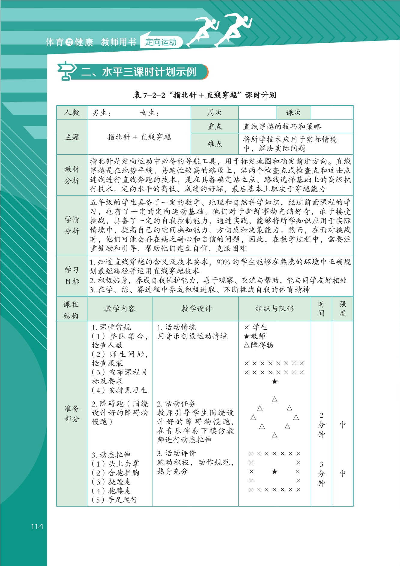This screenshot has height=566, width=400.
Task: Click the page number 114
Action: coord(37,526)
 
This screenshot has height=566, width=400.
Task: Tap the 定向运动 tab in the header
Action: coord(161,42)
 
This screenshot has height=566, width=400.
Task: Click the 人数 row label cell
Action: coord(72,113)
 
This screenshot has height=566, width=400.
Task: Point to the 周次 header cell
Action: coord(214,113)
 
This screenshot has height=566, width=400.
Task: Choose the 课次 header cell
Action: coord(293,113)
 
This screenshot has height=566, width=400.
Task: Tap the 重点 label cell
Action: coord(214,126)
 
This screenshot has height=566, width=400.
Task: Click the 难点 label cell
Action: coord(214,144)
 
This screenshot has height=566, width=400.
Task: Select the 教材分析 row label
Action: coord(72,175)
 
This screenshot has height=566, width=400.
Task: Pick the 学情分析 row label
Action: coord(72,225)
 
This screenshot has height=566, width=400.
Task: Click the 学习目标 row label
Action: coord(72,275)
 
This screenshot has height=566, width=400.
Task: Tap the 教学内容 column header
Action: coord(120,309)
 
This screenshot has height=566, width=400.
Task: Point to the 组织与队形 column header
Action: coord(274,309)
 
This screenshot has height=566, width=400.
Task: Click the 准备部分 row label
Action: coord(72,413)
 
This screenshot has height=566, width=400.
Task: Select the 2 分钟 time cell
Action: coord(321,425)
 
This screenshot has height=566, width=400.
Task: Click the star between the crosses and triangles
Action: coord(274,382)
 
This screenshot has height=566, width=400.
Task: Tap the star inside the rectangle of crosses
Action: coord(274,471)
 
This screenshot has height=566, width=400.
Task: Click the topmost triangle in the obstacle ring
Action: coord(274,399)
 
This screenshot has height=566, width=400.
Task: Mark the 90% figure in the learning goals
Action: coord(223,262)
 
